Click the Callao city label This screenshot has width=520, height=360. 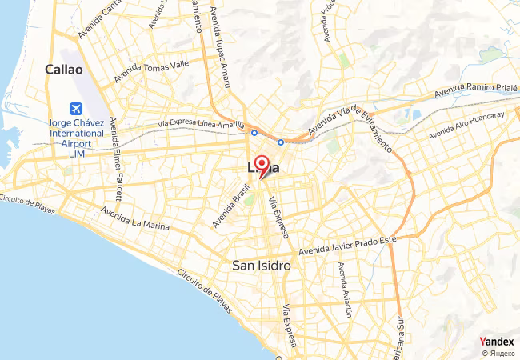click(x=65, y=70)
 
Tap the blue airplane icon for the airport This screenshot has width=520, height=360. click(x=76, y=109)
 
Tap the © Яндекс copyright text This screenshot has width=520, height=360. click(x=498, y=353)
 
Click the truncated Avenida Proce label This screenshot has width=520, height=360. click(x=326, y=20)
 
